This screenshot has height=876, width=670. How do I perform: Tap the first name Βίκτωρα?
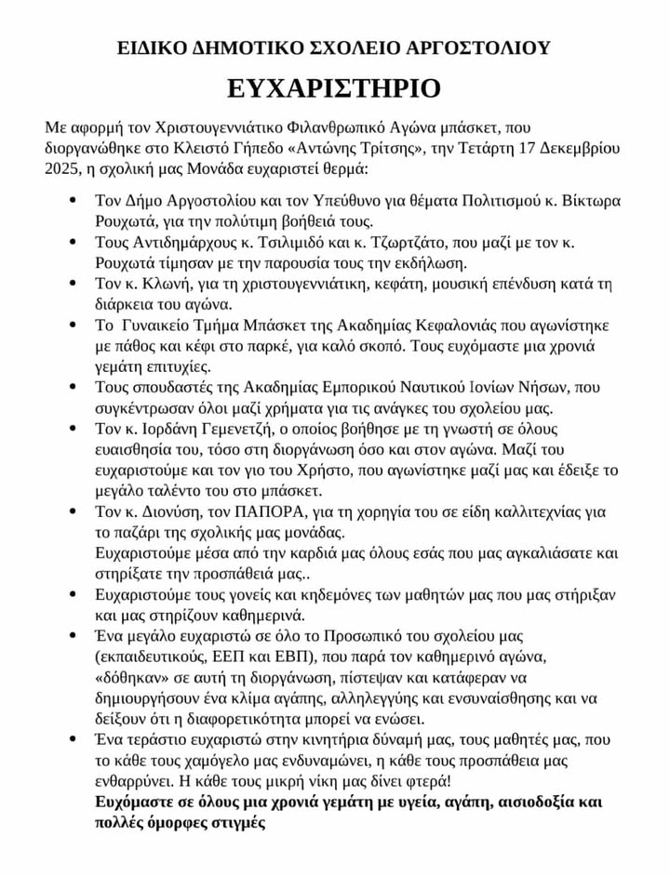click(590, 201)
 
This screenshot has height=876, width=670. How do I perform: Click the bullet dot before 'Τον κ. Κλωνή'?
click(74, 284)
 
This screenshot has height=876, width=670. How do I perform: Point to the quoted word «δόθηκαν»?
click(137, 678)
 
